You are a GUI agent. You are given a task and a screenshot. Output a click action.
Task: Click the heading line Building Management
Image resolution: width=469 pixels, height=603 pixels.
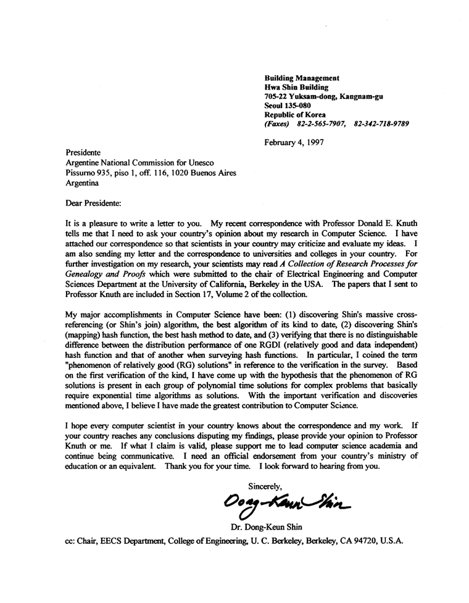point(302,78)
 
